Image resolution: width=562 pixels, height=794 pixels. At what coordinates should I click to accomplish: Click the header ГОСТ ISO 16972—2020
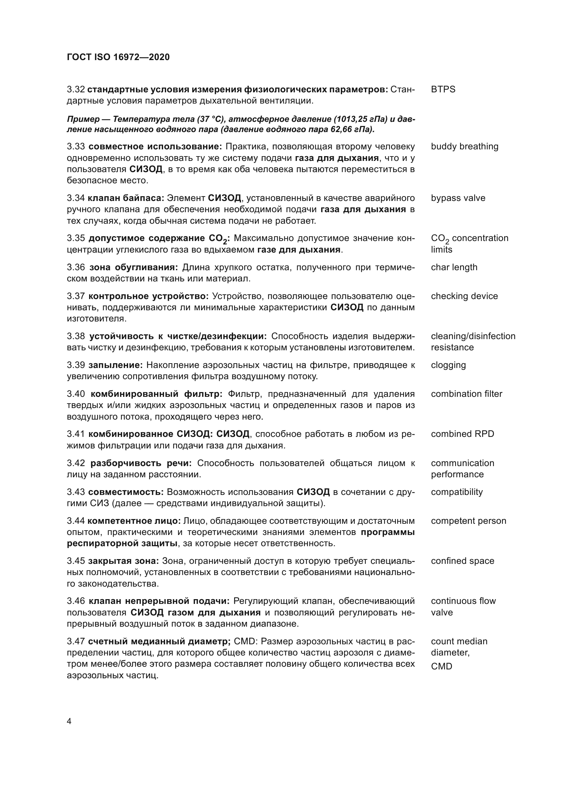118,57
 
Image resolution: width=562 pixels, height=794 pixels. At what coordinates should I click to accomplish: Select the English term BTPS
443,90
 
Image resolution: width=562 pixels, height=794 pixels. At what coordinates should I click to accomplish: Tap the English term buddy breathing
464,147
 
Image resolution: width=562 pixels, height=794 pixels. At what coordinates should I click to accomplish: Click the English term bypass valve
458,198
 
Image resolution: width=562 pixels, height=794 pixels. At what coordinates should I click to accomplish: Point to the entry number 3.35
76,238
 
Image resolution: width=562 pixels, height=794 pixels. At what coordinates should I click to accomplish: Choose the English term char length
454,267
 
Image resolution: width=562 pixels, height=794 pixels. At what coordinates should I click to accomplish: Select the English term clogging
448,365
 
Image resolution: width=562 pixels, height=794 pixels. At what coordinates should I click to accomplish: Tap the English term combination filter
466,394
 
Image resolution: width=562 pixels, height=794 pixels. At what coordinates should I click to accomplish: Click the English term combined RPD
462,434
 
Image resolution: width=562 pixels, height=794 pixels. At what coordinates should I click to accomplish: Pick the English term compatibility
456,492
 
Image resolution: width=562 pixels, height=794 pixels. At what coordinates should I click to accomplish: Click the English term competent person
468,521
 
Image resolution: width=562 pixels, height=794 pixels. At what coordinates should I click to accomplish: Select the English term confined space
462,561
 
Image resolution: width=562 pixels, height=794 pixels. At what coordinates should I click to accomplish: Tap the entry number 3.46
76,601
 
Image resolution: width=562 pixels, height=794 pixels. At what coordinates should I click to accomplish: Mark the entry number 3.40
76,394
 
